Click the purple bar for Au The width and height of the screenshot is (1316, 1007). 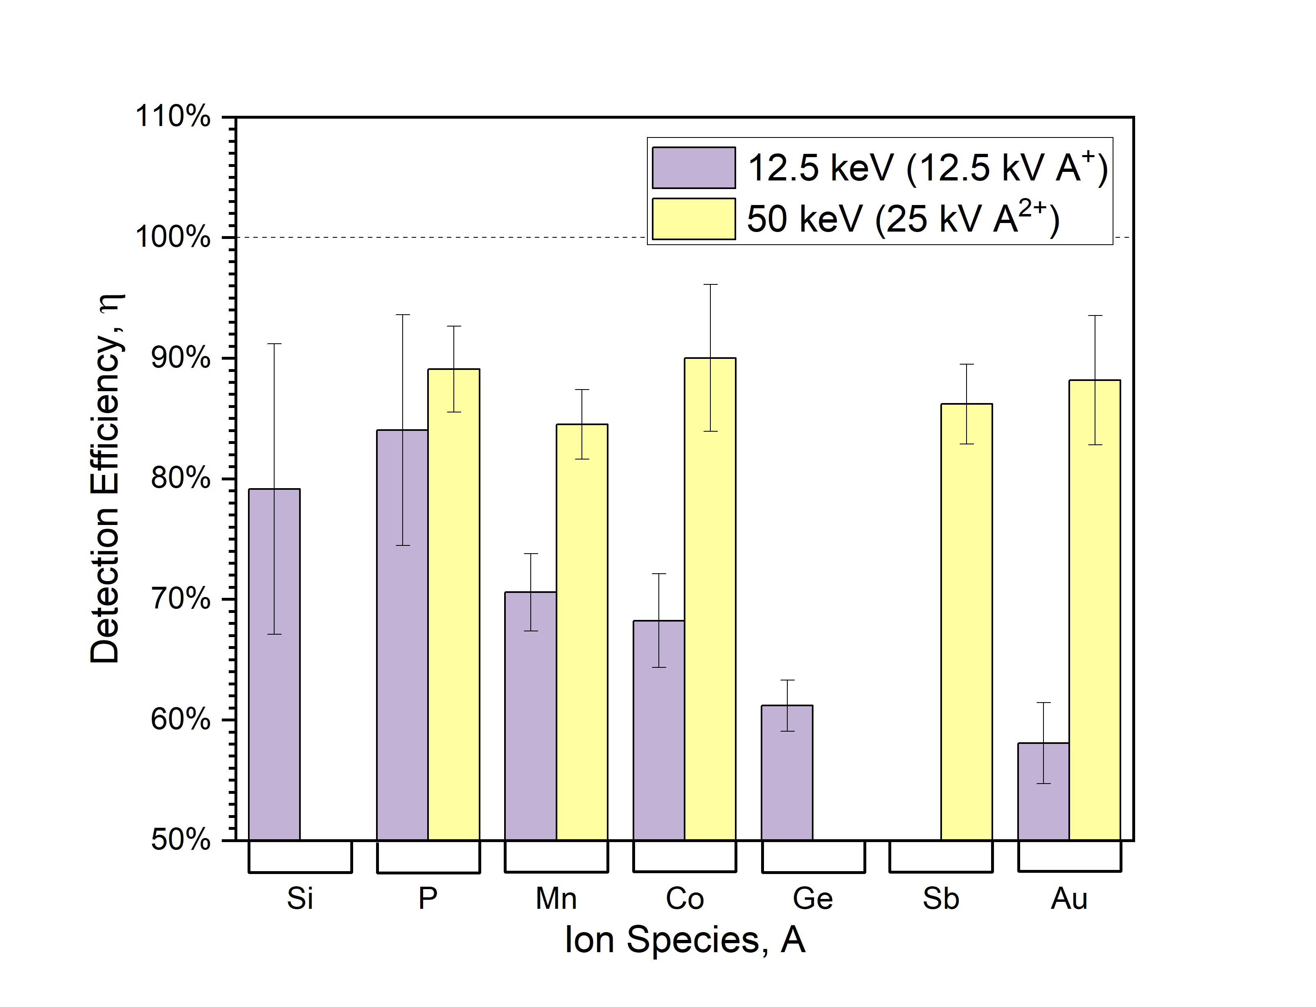point(1043,791)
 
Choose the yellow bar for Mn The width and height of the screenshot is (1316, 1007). point(582,632)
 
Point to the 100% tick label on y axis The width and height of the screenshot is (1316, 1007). point(173,237)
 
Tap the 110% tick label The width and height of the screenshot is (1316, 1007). point(173,116)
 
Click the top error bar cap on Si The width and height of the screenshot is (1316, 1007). point(275,344)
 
